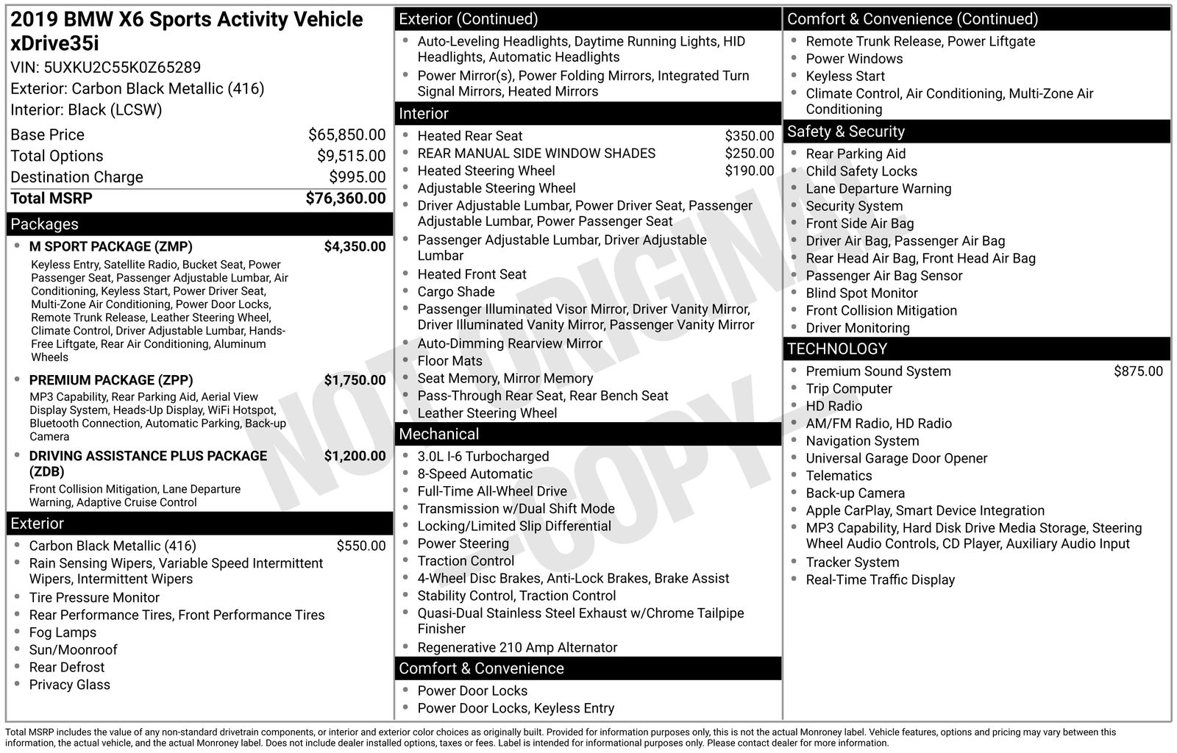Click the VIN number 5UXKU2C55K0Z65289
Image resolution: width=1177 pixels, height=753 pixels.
pyautogui.click(x=122, y=68)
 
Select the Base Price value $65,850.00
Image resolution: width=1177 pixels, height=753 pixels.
pyautogui.click(x=346, y=135)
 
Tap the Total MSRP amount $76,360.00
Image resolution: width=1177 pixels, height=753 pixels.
pyautogui.click(x=345, y=198)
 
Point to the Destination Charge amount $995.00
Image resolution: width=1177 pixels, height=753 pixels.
pyautogui.click(x=357, y=177)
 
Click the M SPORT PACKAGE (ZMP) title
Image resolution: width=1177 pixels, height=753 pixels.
pyautogui.click(x=110, y=246)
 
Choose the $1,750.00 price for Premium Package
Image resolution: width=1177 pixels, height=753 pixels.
pyautogui.click(x=355, y=380)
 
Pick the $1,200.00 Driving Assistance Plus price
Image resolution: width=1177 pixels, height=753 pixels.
pyautogui.click(x=355, y=456)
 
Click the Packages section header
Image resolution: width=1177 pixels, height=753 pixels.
pyautogui.click(x=44, y=224)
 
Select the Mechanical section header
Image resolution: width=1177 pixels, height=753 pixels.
pyautogui.click(x=438, y=435)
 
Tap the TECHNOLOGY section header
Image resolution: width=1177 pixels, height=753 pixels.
pyautogui.click(x=837, y=349)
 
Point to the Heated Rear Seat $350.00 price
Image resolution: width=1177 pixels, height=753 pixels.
pyautogui.click(x=749, y=136)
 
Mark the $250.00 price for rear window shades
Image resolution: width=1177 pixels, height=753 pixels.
pyautogui.click(x=749, y=154)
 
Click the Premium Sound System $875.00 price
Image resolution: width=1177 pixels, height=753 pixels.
pyautogui.click(x=1138, y=371)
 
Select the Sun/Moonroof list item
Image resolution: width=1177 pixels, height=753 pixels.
pyautogui.click(x=73, y=650)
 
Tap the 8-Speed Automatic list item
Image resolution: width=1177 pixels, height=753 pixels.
pyautogui.click(x=474, y=474)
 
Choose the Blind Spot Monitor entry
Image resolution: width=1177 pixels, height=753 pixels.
pyautogui.click(x=861, y=293)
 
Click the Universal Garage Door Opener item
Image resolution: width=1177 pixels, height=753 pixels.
pyautogui.click(x=896, y=458)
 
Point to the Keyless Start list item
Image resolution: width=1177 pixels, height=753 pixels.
pyautogui.click(x=845, y=76)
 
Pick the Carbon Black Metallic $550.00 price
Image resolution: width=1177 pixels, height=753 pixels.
pyautogui.click(x=360, y=546)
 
